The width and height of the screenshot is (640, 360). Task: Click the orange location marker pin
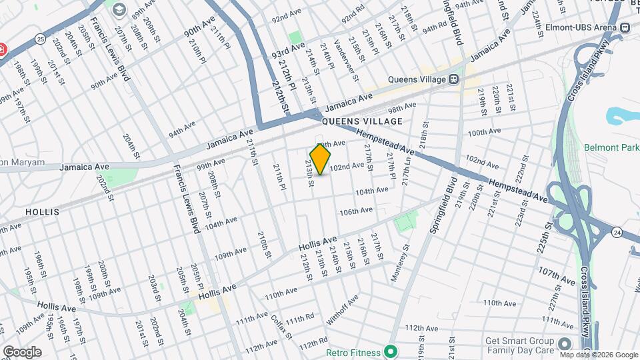pyautogui.click(x=321, y=159)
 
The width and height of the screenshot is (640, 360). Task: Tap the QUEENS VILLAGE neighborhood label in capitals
pyautogui.click(x=362, y=121)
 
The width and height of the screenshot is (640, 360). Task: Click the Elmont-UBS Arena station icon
pyautogui.click(x=625, y=28)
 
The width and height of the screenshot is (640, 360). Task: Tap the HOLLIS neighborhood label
pyautogui.click(x=42, y=211)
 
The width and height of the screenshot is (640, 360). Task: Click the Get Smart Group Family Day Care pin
pyautogui.click(x=565, y=344)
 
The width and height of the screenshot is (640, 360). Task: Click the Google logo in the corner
pyautogui.click(x=22, y=351)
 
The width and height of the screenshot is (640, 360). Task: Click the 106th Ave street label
pyautogui.click(x=355, y=211)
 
